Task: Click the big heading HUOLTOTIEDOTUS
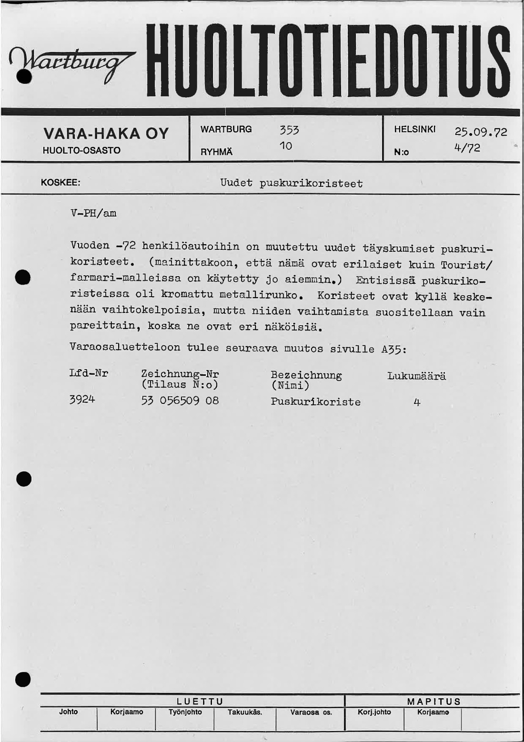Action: click(x=328, y=61)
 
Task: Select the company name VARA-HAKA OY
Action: click(x=106, y=134)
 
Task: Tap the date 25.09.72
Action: click(x=481, y=132)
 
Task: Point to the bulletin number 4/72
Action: click(x=467, y=148)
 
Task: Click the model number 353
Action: click(x=289, y=130)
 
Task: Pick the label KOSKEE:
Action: click(x=60, y=183)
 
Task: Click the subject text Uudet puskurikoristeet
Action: click(x=291, y=184)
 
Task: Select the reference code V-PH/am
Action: click(x=93, y=213)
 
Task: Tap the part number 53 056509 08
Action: click(x=180, y=401)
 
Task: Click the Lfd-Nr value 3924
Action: click(x=82, y=399)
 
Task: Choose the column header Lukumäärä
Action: click(x=416, y=376)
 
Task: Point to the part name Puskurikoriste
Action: click(x=315, y=402)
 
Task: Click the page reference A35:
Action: click(x=394, y=349)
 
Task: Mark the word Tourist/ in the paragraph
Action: click(x=467, y=265)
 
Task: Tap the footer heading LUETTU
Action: click(x=200, y=701)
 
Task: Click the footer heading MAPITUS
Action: click(x=434, y=701)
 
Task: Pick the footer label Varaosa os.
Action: click(x=311, y=712)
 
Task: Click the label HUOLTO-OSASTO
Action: click(x=81, y=151)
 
